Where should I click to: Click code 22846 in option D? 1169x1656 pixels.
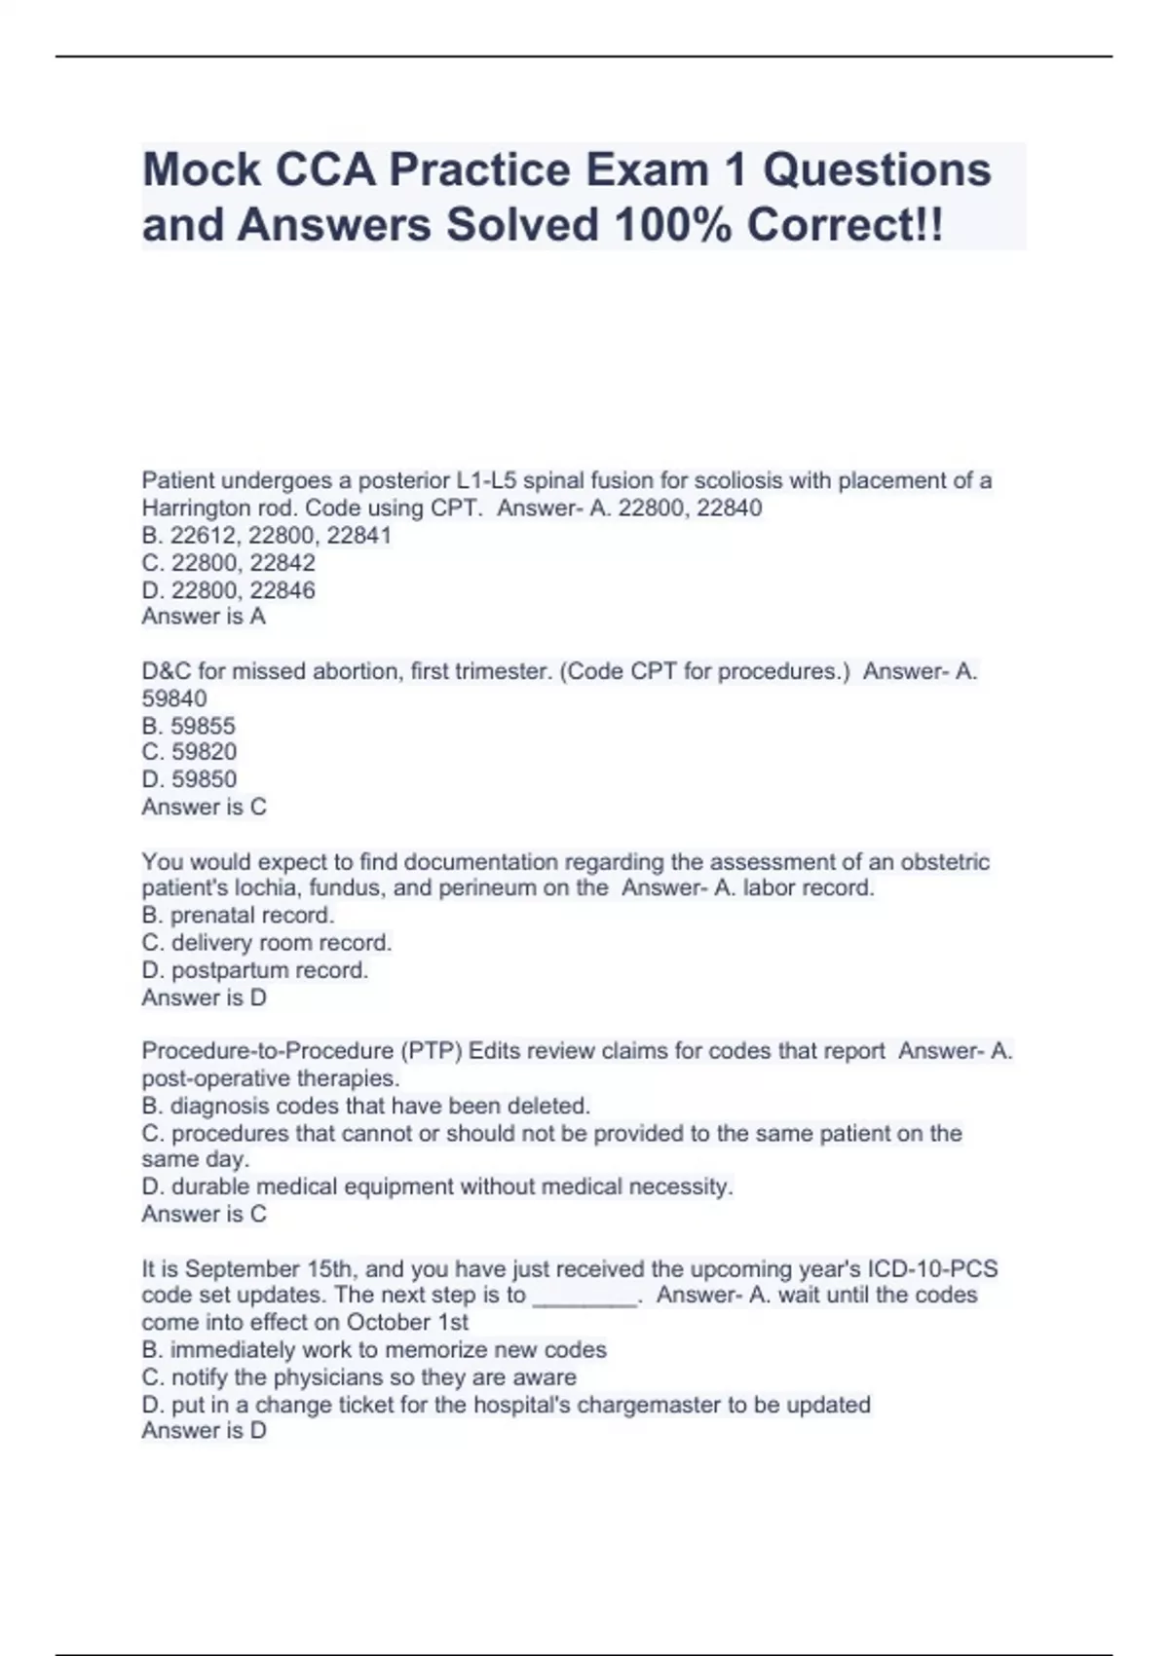(x=283, y=590)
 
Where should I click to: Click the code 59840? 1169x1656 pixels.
(x=174, y=698)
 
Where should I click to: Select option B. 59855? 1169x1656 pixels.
(x=189, y=726)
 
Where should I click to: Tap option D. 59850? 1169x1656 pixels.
(x=189, y=779)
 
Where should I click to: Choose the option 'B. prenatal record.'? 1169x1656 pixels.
(x=238, y=916)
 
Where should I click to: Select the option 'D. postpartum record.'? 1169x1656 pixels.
(x=255, y=970)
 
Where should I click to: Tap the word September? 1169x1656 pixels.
(x=243, y=1269)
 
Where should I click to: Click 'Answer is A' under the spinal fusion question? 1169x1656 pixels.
(x=204, y=617)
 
